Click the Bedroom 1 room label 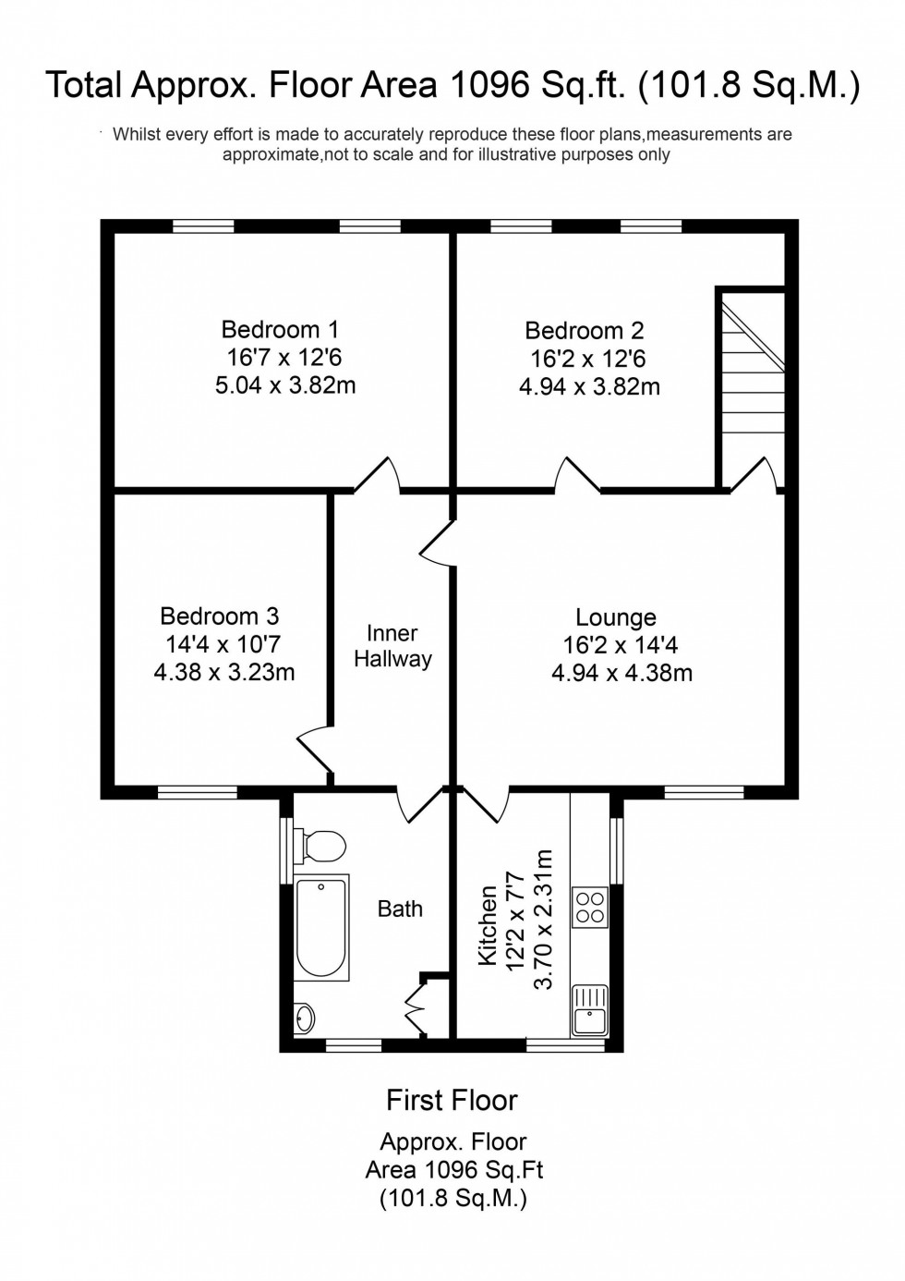pyautogui.click(x=280, y=329)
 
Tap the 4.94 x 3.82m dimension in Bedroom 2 pyautogui.click(x=589, y=387)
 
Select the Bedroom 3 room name pyautogui.click(x=219, y=616)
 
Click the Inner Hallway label pyautogui.click(x=392, y=646)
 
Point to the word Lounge pyautogui.click(x=615, y=617)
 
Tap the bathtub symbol pyautogui.click(x=321, y=927)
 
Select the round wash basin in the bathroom pyautogui.click(x=305, y=1018)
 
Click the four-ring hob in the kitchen pyautogui.click(x=590, y=907)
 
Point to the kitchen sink pyautogui.click(x=589, y=1009)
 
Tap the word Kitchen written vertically pyautogui.click(x=488, y=924)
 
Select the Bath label pyautogui.click(x=400, y=909)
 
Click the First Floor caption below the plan pyautogui.click(x=452, y=1101)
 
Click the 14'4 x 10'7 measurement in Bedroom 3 pyautogui.click(x=223, y=644)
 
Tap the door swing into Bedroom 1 pyautogui.click(x=378, y=474)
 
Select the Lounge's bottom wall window pyautogui.click(x=704, y=792)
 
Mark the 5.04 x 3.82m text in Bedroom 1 pyautogui.click(x=285, y=385)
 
